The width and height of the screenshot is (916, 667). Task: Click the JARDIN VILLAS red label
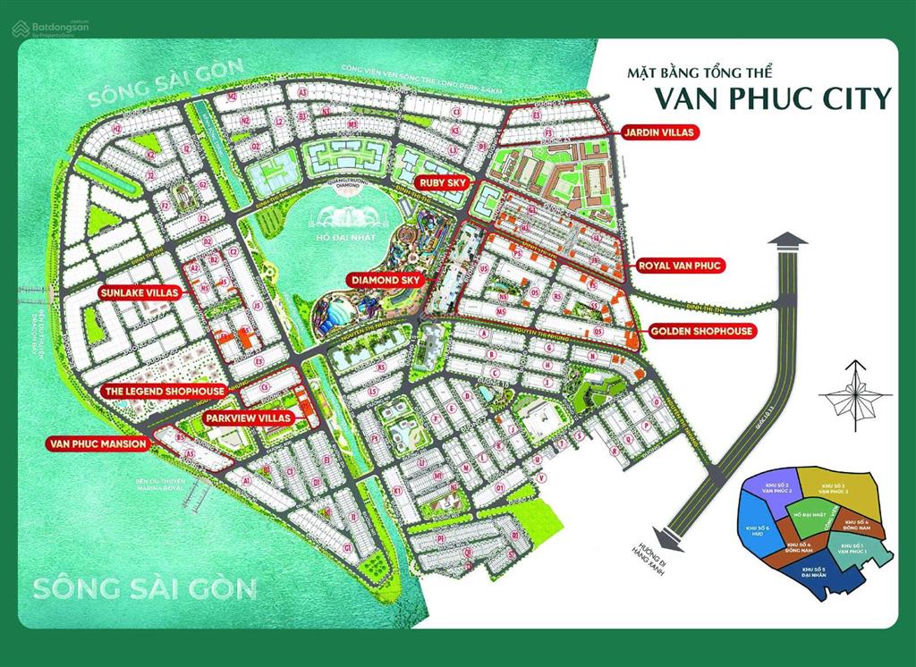pos(657,132)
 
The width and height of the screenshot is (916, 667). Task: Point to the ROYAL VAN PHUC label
pos(680,265)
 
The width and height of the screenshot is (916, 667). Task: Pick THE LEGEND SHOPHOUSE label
pos(164,392)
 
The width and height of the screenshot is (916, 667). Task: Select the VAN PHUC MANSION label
pos(98,443)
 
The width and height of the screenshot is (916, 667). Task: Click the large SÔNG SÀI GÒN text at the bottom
pos(144,589)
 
